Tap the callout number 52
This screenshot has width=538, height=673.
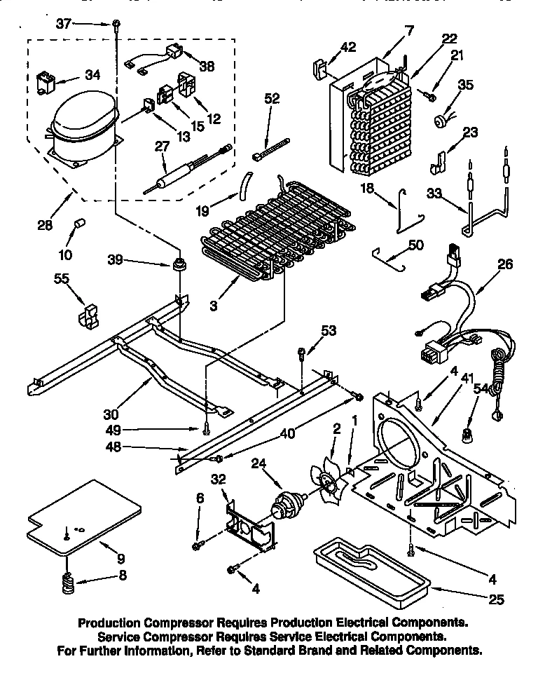tap(272, 100)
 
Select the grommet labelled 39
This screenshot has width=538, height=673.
tap(179, 266)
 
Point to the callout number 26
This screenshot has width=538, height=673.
tap(504, 264)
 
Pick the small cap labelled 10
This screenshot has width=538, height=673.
tap(79, 224)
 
